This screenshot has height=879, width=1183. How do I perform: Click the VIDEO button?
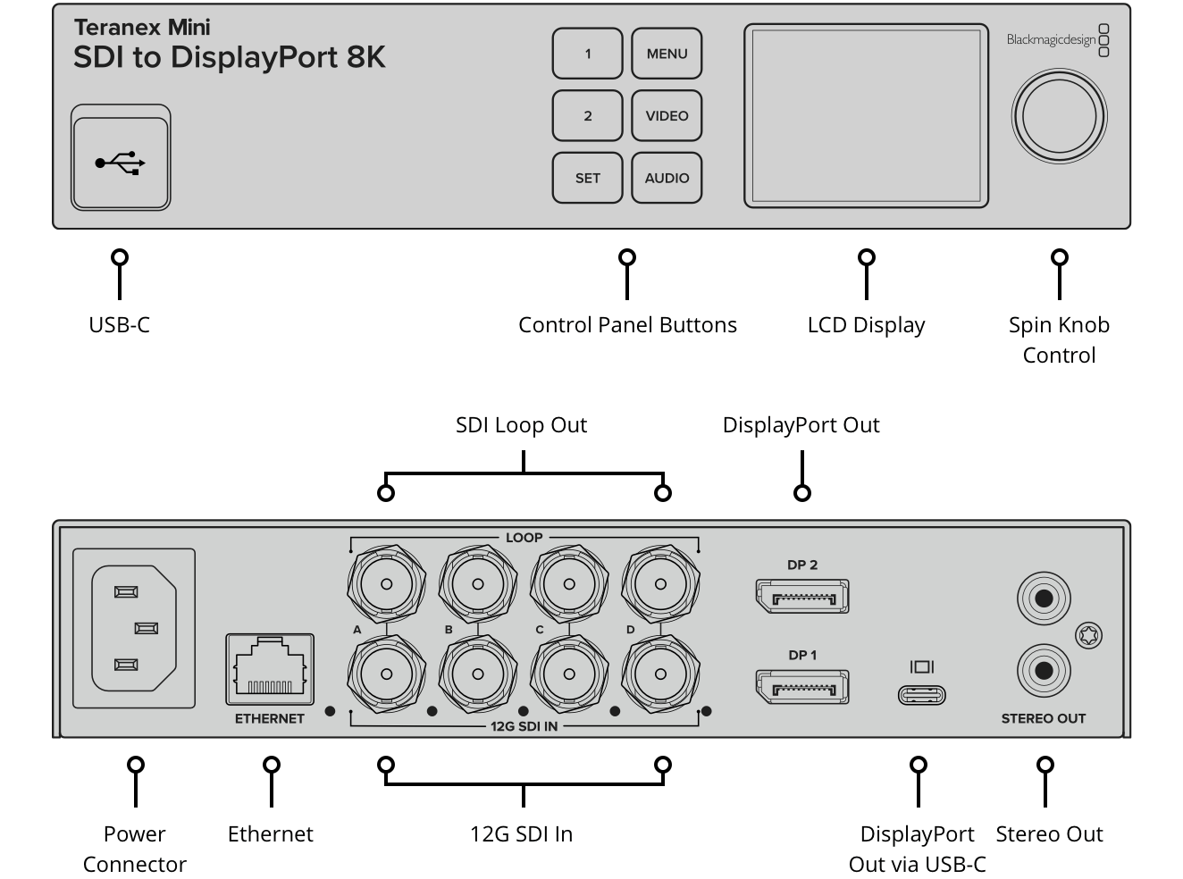tap(667, 116)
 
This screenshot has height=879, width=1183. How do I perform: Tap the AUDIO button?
tap(667, 178)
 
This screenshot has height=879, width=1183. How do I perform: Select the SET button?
tap(587, 178)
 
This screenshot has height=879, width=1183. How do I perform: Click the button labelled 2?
tap(587, 116)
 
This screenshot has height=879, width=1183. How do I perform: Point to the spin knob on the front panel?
tap(1059, 116)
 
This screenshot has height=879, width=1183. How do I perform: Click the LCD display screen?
tap(866, 115)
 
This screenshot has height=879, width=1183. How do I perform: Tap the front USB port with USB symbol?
tap(121, 163)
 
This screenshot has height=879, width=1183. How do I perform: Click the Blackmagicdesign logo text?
tap(1051, 40)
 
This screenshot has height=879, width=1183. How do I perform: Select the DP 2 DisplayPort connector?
tap(801, 597)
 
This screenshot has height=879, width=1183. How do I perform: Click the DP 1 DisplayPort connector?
tap(801, 687)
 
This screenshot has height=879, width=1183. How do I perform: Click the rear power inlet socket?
tap(133, 628)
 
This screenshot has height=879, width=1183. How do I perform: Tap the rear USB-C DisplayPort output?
tap(921, 694)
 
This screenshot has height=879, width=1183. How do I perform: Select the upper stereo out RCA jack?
tap(1044, 598)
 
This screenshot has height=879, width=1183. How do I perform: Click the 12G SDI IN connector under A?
tap(386, 674)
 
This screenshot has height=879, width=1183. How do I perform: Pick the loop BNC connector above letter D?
tap(660, 584)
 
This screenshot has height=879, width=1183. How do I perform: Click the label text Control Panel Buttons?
tap(627, 325)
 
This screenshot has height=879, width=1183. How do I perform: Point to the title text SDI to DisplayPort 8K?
tap(229, 57)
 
